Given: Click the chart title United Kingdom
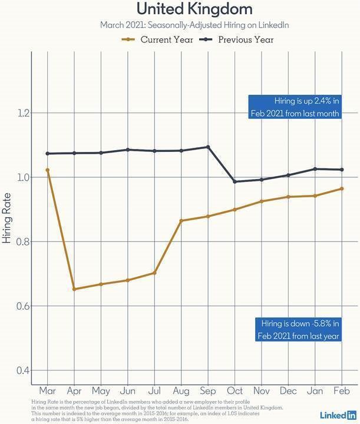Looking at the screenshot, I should (186, 9).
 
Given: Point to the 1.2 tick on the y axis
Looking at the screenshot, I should (23, 112).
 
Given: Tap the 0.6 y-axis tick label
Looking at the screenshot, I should (23, 306).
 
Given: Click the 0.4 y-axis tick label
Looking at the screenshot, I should (23, 370).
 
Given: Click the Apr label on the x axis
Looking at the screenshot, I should (74, 391).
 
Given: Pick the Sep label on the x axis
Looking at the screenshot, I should (208, 391).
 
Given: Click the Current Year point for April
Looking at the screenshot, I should (74, 289).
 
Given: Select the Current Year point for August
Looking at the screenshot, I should (181, 221).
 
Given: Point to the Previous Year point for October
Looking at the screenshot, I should (235, 181).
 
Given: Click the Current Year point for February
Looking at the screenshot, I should (342, 188).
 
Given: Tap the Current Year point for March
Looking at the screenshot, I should (47, 170).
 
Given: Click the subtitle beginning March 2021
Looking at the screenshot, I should (186, 25).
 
